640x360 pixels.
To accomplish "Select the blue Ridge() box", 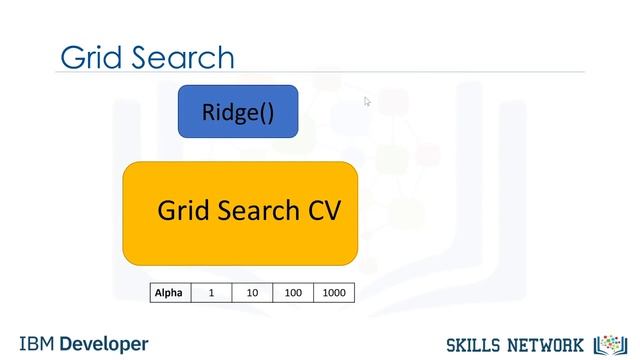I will [238, 111].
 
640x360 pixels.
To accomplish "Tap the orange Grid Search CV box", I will [240, 212].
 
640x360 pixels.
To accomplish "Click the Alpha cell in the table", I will [169, 293].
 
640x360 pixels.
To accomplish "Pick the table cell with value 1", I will [211, 293].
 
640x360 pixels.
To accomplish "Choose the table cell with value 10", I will [252, 293].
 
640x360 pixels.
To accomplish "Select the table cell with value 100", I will [293, 293].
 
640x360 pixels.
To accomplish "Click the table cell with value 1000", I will [334, 293].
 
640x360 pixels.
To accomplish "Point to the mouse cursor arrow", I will [367, 100].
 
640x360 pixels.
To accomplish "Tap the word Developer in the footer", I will [104, 343].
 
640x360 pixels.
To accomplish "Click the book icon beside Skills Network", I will [608, 344].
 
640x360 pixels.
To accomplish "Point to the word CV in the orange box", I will [320, 212].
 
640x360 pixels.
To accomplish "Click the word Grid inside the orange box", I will [181, 212].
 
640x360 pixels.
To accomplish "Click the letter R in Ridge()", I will [208, 111].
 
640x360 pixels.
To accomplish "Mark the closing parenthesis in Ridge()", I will [268, 112].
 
